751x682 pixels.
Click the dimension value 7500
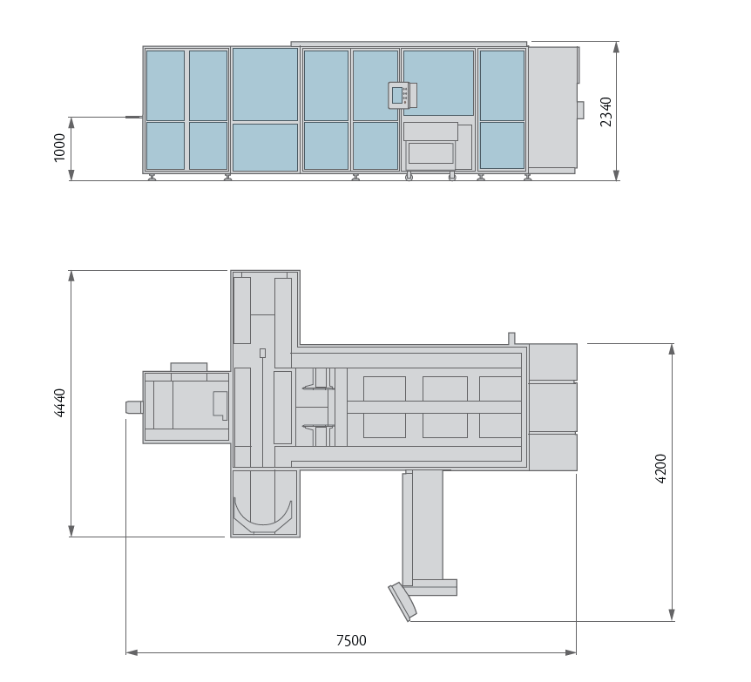[351, 640]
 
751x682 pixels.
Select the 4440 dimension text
[60, 403]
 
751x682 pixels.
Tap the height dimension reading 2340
[606, 111]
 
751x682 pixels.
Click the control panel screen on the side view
[399, 95]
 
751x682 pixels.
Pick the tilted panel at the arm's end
[402, 600]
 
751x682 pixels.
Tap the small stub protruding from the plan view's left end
[133, 407]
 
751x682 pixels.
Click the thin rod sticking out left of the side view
[133, 116]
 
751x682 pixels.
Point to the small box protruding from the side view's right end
[580, 109]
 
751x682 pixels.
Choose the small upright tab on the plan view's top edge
[511, 338]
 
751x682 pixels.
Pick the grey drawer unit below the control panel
[430, 151]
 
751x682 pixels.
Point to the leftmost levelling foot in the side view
[152, 178]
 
